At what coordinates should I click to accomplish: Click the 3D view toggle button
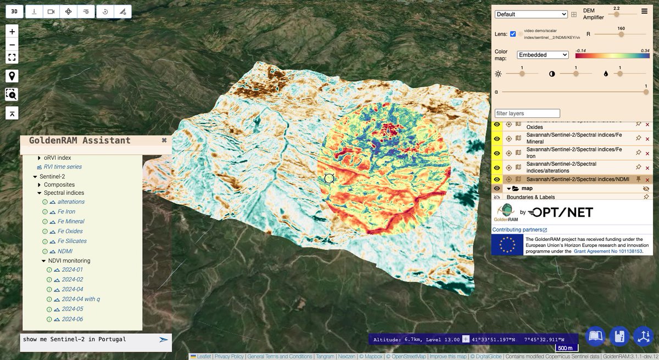click(14, 11)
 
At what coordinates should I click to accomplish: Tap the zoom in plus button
click(12, 31)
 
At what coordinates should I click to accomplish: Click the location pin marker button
click(12, 76)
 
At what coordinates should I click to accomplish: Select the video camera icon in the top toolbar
click(51, 11)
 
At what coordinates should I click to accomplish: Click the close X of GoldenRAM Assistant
click(164, 140)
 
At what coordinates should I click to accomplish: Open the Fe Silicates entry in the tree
click(72, 241)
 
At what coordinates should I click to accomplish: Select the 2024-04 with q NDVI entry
click(81, 299)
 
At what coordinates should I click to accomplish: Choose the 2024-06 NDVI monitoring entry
click(72, 319)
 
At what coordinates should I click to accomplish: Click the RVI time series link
click(63, 167)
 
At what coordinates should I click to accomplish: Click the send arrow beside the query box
click(163, 340)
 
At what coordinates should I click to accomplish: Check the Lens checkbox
click(513, 34)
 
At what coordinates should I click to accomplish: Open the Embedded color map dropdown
click(543, 55)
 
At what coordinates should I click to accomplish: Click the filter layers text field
click(527, 113)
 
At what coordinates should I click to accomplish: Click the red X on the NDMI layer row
click(647, 179)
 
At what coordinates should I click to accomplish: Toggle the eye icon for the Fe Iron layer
click(497, 153)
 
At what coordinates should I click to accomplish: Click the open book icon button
click(595, 336)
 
